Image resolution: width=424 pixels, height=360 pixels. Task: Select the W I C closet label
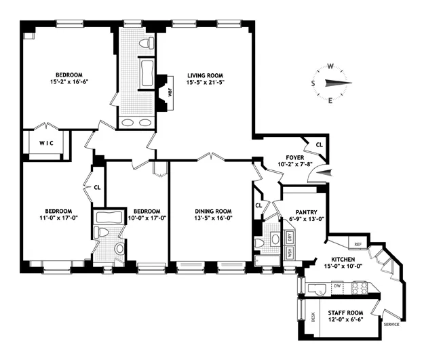coord(45,143)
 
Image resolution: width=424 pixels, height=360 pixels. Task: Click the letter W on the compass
coord(330,66)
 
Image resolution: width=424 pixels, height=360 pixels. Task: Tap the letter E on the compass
coord(330,101)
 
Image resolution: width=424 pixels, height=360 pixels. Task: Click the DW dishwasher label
coord(336,287)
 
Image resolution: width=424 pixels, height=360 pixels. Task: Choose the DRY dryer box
coord(289,237)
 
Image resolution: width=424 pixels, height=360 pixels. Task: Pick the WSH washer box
coord(289,254)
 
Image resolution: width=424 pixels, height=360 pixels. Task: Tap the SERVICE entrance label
coord(392,325)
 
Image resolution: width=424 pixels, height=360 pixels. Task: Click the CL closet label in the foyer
coord(319,144)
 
